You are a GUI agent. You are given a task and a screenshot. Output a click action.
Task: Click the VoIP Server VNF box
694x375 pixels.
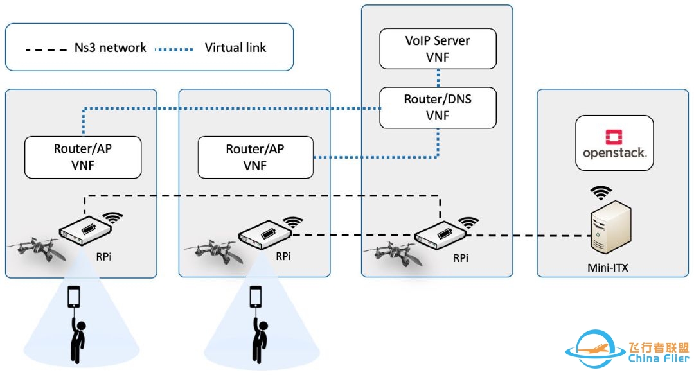click(437, 48)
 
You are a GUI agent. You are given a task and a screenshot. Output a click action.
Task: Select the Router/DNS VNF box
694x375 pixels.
click(437, 107)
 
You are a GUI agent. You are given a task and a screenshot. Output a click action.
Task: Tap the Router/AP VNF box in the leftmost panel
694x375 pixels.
click(83, 157)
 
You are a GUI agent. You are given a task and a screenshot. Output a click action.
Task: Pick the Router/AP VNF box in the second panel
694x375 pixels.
click(255, 157)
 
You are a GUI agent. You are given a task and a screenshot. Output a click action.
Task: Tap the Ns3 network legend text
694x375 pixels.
click(110, 48)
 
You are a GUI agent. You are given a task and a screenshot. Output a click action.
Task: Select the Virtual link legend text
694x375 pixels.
click(235, 48)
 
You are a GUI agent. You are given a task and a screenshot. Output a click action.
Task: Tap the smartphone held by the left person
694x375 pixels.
click(75, 297)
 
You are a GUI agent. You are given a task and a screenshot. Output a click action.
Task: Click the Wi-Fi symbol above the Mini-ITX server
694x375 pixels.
click(601, 192)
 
